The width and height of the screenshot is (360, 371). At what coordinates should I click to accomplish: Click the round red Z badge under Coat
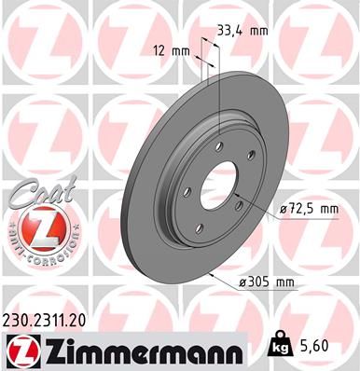(40, 224)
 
